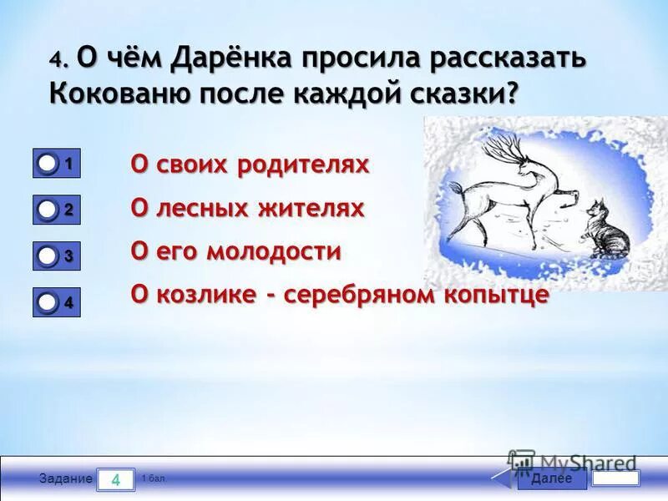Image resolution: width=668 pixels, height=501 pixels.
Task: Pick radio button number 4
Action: pyautogui.click(x=48, y=303)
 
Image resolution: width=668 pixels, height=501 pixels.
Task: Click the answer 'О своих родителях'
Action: pyautogui.click(x=250, y=164)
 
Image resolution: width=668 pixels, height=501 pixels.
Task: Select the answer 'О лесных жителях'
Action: pyautogui.click(x=247, y=208)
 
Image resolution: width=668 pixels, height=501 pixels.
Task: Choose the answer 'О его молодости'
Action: pyautogui.click(x=235, y=251)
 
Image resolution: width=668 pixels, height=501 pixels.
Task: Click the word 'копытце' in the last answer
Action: pyautogui.click(x=498, y=295)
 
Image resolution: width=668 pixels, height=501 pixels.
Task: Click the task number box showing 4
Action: pyautogui.click(x=116, y=479)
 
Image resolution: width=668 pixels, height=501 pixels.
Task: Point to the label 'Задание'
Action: pyautogui.click(x=65, y=479)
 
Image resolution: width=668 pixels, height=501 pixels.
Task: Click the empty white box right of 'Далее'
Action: pyautogui.click(x=615, y=478)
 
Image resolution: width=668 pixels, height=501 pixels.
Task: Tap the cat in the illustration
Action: pyautogui.click(x=607, y=230)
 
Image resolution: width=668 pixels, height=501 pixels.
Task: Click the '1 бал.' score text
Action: pyautogui.click(x=153, y=478)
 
